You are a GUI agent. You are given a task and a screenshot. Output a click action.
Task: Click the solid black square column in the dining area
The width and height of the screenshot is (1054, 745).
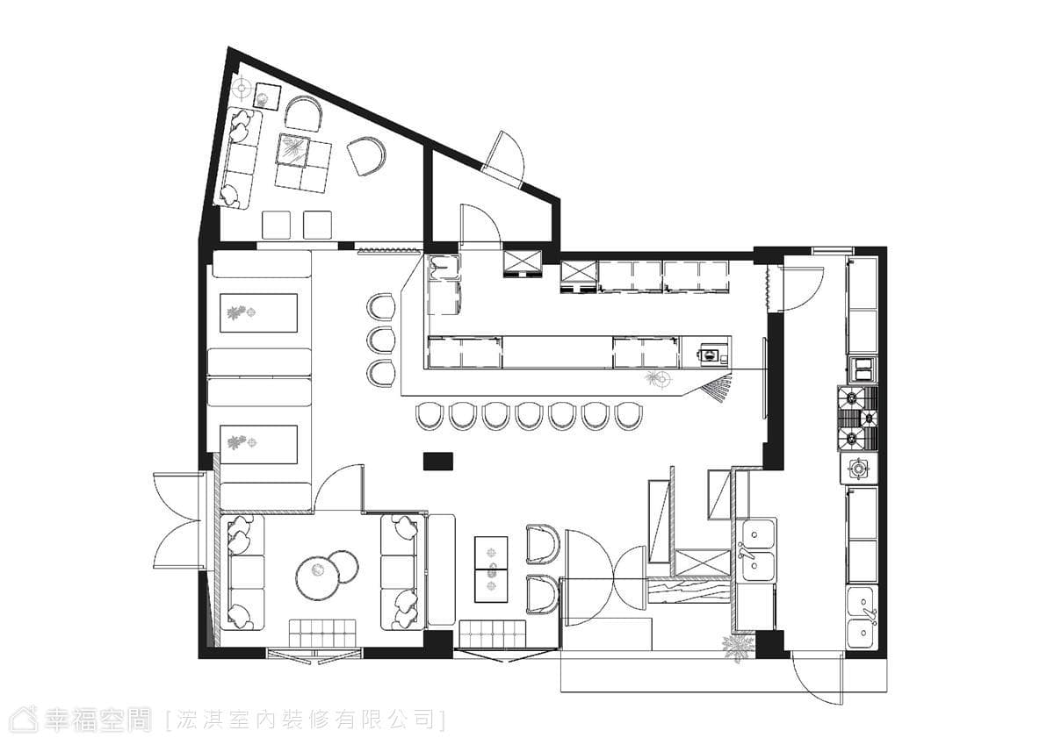tap(438, 461)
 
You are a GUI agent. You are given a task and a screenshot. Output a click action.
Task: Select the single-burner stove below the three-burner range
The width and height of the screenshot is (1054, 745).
tap(859, 469)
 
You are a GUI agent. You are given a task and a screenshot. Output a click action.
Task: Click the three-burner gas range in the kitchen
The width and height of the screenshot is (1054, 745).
tap(857, 419)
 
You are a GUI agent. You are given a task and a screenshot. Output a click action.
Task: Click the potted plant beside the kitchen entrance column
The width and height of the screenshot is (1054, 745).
tap(737, 648)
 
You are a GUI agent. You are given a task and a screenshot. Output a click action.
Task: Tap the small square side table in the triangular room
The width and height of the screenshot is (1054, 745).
tap(267, 97)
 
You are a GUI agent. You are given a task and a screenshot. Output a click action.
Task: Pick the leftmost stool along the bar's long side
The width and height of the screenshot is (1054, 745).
tap(430, 416)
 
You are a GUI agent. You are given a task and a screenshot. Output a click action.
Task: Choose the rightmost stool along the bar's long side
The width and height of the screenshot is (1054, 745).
tap(629, 416)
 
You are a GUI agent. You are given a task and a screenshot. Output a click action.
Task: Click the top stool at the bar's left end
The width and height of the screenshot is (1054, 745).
tap(380, 306)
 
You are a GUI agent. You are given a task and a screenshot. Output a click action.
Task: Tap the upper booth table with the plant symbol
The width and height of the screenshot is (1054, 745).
tap(259, 313)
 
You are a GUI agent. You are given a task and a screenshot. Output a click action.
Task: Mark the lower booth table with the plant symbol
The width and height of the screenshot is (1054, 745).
tap(259, 444)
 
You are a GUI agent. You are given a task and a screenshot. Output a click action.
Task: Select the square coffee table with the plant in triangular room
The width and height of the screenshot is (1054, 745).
tap(292, 150)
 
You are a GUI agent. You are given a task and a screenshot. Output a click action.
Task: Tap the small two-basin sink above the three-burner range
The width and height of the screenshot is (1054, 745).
tap(863, 369)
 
